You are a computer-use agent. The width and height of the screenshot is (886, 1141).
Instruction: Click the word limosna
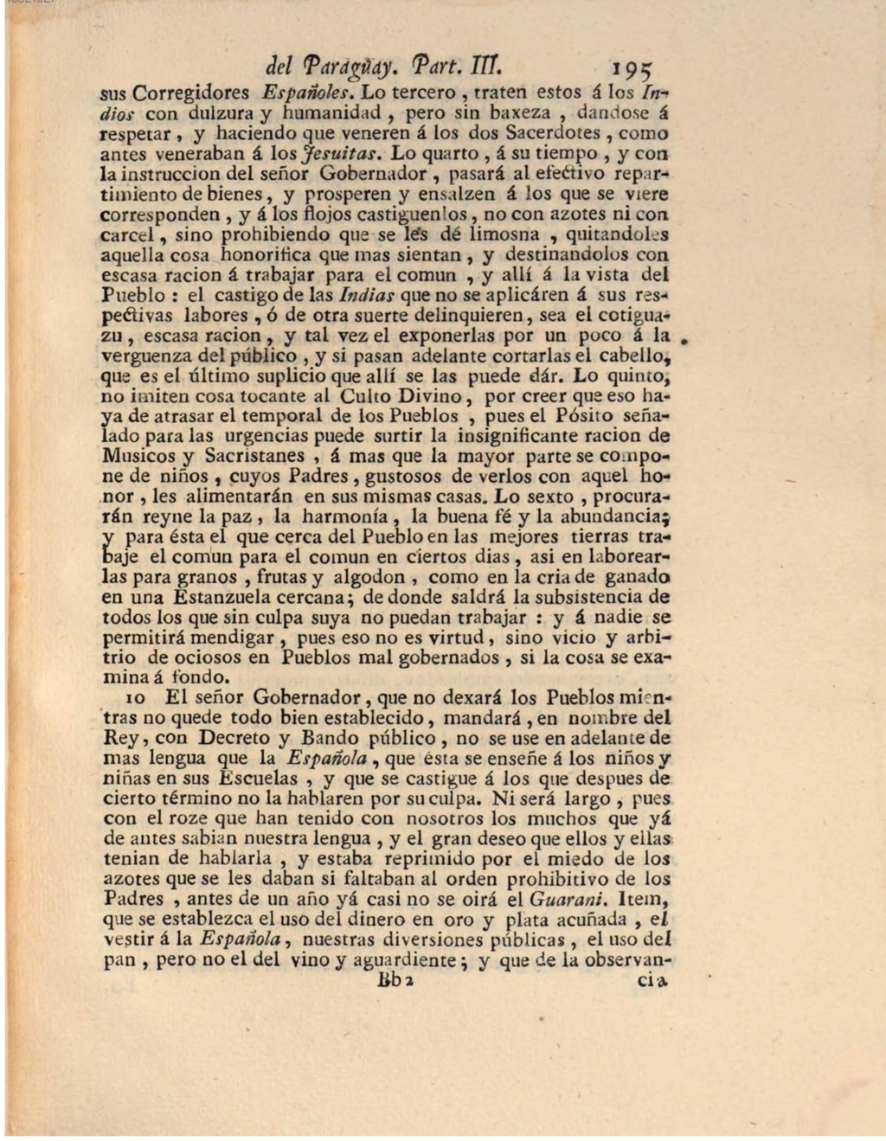pos(504,234)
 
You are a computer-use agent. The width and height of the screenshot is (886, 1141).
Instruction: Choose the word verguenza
pos(148,356)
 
